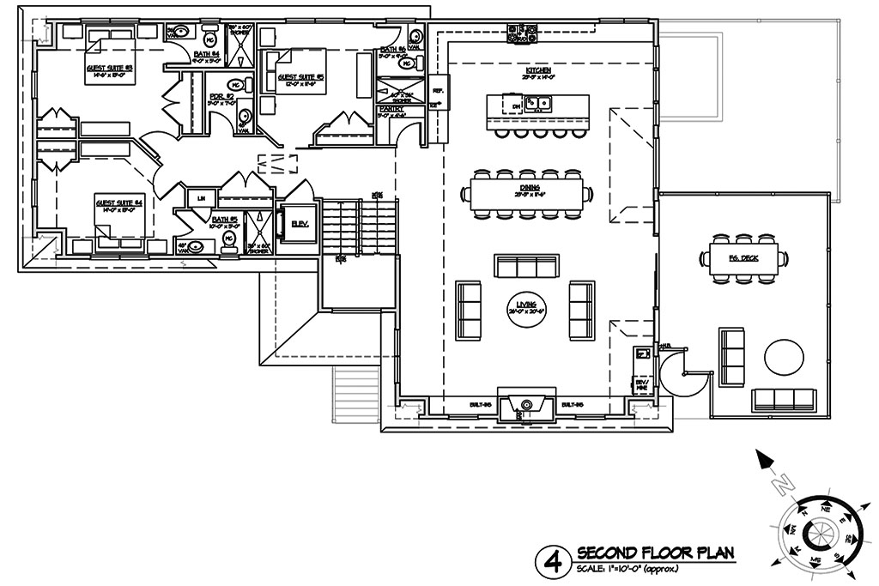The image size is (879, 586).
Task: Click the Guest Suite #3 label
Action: click(108, 67)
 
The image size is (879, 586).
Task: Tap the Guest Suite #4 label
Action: click(119, 203)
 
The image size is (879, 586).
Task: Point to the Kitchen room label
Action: click(538, 69)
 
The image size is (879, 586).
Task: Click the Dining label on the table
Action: click(528, 186)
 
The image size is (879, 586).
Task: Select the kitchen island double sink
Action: click(539, 106)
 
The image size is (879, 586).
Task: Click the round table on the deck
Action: click(784, 358)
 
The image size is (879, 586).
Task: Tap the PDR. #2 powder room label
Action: click(221, 97)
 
